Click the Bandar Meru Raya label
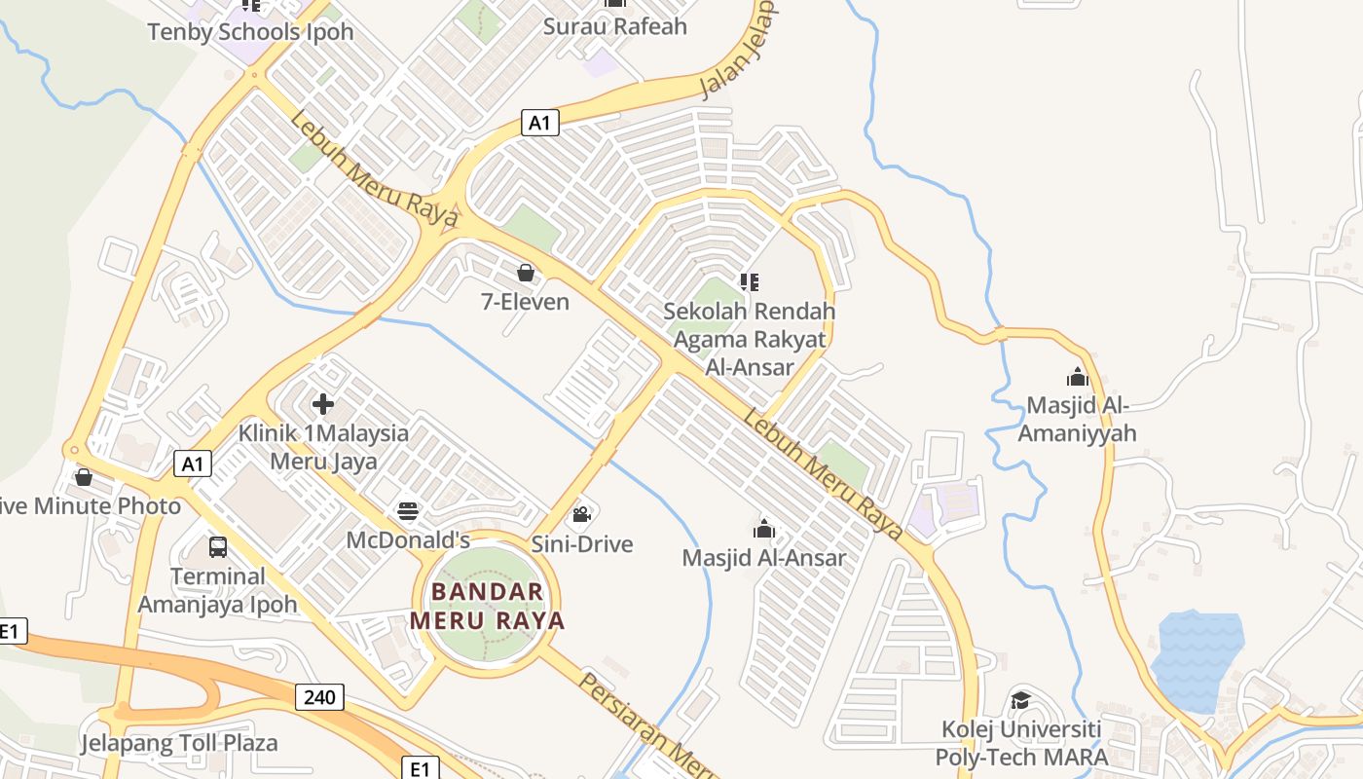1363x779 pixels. [487, 606]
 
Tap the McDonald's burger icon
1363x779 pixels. [408, 512]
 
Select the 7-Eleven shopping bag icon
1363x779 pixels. [526, 273]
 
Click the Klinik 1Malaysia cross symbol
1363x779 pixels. [323, 404]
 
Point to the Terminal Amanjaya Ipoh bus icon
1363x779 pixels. [218, 547]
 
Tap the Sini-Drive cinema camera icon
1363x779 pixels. [582, 515]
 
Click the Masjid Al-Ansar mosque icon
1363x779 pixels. [764, 529]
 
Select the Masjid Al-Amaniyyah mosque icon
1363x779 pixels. [1077, 376]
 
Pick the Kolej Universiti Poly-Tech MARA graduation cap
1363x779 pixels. [1020, 700]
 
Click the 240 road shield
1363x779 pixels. [319, 696]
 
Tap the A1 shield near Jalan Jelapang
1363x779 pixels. [540, 122]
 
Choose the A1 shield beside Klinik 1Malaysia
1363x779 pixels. [193, 464]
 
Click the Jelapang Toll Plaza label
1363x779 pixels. [179, 743]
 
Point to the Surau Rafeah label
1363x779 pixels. [615, 26]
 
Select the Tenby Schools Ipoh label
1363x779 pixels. [250, 32]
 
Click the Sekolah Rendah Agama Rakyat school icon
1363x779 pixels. [749, 282]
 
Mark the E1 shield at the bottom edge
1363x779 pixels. [419, 769]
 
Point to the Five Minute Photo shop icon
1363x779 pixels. [84, 477]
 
